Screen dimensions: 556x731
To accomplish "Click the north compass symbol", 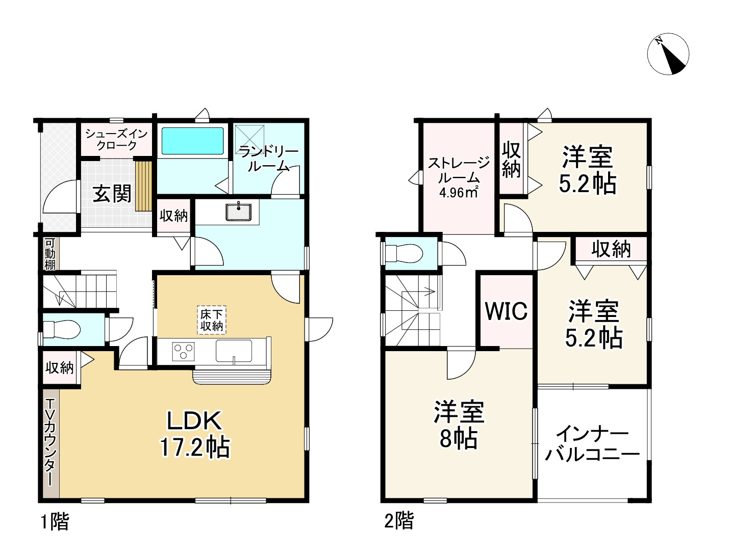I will coord(668,55).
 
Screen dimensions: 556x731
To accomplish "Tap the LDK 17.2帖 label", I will coord(195,434).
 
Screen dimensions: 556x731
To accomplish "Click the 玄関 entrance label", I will coord(112,194).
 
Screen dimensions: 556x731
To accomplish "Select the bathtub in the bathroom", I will coord(193,141).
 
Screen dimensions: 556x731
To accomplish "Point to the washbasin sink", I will coord(239,211).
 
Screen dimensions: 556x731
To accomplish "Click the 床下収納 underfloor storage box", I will coord(212,320).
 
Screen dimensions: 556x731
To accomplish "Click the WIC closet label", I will coord(506,310).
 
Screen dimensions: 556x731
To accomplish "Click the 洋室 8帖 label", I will coord(459,425).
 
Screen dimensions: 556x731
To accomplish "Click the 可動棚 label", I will coord(50,254).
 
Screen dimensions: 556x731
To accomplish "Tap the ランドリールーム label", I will coord(268,158).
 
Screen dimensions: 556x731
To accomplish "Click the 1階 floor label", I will coord(54,521).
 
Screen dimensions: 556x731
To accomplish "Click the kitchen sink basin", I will coord(234,351).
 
